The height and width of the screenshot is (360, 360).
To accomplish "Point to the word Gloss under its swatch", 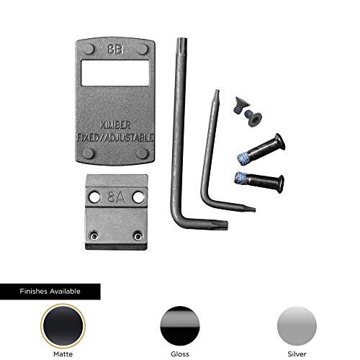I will point(180,354).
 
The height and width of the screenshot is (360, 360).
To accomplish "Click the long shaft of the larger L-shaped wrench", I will point(174,130).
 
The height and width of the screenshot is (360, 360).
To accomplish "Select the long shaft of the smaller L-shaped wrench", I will point(207,144).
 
